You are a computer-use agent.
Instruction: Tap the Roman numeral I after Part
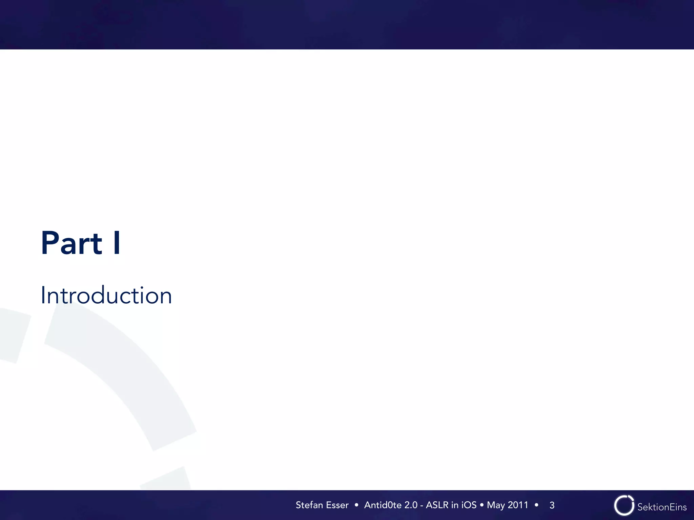[117, 243]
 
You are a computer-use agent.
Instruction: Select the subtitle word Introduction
[106, 296]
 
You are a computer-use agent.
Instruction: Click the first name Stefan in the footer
[309, 505]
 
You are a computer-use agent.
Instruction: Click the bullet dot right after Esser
[356, 505]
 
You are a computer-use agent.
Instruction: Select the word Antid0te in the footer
[383, 505]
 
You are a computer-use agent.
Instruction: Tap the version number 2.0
[411, 505]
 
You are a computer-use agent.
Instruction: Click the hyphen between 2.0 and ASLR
[422, 505]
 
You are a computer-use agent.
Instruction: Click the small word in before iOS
[454, 505]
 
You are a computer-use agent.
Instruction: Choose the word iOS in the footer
[469, 505]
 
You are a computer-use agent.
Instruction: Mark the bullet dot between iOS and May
[482, 505]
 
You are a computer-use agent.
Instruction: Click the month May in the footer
[495, 505]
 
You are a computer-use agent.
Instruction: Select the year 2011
[518, 505]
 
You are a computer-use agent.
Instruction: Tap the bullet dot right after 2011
[536, 505]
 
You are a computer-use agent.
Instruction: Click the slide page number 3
[552, 505]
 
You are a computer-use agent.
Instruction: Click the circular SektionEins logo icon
[624, 505]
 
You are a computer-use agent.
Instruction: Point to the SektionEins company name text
[662, 507]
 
